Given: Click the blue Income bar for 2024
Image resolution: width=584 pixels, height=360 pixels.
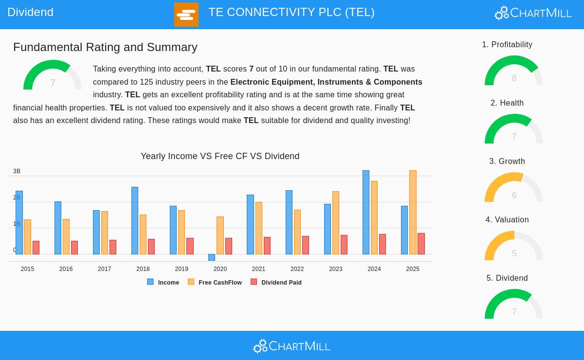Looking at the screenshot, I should pos(366,213).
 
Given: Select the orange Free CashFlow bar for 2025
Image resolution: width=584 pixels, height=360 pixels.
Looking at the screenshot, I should pos(413,213).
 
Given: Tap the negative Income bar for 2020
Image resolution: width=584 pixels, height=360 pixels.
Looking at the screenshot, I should pos(212,257).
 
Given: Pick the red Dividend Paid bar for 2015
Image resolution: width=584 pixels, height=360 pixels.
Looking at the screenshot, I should pos(36,248).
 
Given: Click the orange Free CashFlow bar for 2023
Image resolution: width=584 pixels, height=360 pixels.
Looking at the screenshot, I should pos(336,223).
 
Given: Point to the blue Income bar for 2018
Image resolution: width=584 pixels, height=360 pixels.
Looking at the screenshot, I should pos(135,221).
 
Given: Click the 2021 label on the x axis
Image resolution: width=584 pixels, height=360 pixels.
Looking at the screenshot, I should pos(258,269).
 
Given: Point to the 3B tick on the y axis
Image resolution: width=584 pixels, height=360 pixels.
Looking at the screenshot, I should pos(17,171).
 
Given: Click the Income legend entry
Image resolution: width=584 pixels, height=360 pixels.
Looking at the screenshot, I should pos(164,282).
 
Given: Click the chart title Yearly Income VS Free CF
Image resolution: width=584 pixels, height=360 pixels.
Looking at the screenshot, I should pos(220,156).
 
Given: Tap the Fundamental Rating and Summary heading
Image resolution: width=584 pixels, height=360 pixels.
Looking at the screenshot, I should pos(105,47).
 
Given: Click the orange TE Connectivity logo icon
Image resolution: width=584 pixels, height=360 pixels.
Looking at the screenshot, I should pos(186,15).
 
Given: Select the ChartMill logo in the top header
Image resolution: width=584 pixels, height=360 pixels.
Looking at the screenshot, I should pos(533,13).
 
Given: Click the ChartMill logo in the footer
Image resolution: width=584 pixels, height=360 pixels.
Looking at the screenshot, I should pos(292,346).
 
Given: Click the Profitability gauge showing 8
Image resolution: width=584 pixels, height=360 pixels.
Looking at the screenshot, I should pos(514,72).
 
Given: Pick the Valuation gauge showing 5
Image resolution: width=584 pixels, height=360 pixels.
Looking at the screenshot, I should pos(514,247).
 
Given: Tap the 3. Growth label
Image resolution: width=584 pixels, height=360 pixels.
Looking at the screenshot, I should pos(507,162).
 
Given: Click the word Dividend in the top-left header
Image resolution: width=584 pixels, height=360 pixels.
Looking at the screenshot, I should pos(30,12).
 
